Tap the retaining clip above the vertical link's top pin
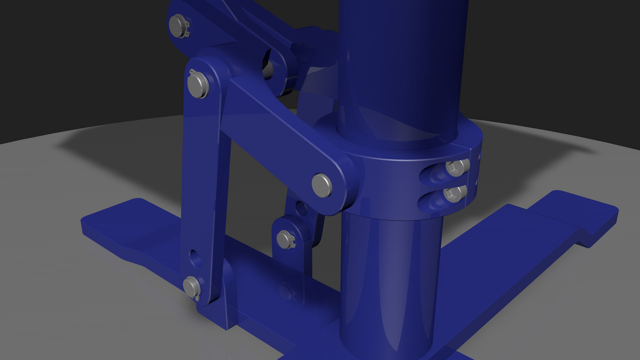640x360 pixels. pos(193,72)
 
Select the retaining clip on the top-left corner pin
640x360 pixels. pos(188,28)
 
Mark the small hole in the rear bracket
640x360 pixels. pos(302,209)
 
